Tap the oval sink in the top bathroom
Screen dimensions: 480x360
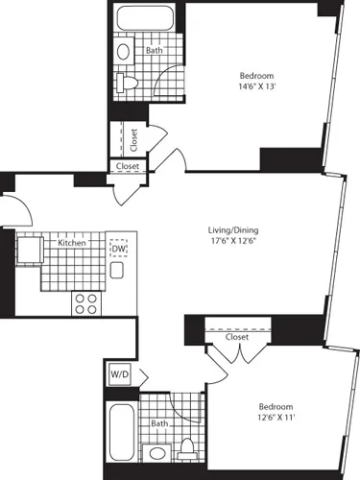pos(124,51)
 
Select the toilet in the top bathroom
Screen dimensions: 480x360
pos(126,84)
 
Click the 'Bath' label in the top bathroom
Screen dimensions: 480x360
pos(154,51)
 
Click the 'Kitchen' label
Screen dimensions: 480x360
pos(72,243)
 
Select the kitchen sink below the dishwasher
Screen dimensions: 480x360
pos(117,271)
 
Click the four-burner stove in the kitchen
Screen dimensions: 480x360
pos(87,303)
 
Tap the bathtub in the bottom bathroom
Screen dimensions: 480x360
pos(122,431)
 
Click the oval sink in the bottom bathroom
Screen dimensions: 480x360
pos(157,452)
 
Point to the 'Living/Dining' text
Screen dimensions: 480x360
pos(233,230)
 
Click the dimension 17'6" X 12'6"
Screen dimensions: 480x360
pos(233,243)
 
